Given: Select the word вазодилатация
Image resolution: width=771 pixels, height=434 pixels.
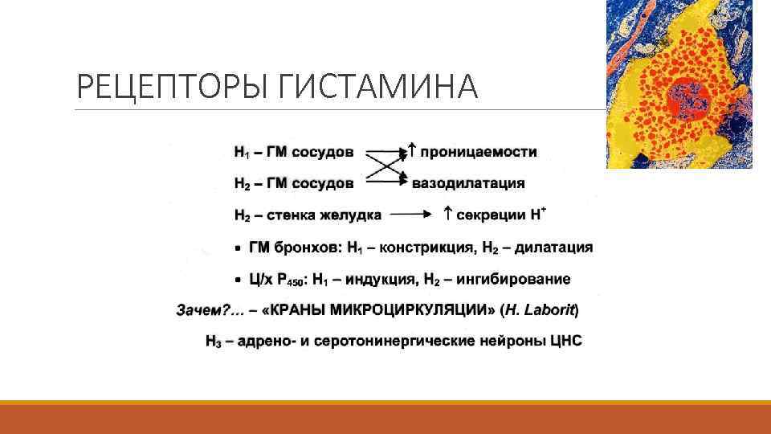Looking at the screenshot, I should [468, 183].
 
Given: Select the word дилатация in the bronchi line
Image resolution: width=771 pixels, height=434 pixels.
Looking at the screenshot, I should [553, 248].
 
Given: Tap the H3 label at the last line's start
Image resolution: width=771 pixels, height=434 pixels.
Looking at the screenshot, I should [213, 342].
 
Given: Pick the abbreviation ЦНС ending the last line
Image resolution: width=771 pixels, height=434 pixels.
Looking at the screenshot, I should [566, 342].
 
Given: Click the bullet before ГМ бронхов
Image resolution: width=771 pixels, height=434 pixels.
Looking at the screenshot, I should [239, 248].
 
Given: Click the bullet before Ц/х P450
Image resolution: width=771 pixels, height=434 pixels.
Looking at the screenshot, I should [239, 280].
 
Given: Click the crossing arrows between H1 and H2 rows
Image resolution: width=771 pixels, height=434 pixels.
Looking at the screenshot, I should [385, 167].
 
